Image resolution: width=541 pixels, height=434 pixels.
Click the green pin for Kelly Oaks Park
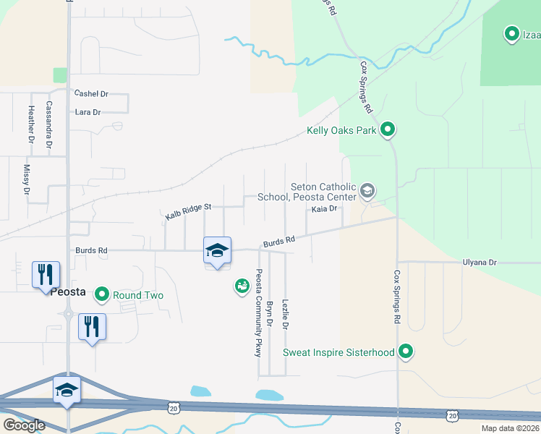coord(388,130)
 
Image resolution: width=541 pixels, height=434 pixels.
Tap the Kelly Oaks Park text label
coord(342,131)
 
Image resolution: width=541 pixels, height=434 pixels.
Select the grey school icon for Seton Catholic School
coord(367,191)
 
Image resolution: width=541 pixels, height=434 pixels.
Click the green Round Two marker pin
coord(101,294)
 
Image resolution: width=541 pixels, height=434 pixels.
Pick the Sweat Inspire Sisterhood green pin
coord(406,352)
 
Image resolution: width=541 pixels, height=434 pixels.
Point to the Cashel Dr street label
coord(91,94)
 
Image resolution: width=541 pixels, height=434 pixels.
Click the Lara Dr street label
coord(88,112)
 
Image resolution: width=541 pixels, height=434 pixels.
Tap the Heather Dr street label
coord(31,124)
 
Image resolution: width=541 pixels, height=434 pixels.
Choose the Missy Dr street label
coord(27,180)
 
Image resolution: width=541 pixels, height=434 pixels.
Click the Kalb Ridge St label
coord(187,211)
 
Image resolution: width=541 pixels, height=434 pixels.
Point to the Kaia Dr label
coord(325,209)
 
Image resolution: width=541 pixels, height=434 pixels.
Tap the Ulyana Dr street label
coord(480,263)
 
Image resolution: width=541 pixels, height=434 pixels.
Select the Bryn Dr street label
coord(270,315)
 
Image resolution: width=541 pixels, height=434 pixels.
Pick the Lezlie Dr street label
coord(286,315)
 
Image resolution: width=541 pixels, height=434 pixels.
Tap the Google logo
coord(24,425)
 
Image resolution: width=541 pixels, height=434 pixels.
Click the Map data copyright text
coord(511,428)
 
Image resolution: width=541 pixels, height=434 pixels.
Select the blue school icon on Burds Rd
coord(217,250)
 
